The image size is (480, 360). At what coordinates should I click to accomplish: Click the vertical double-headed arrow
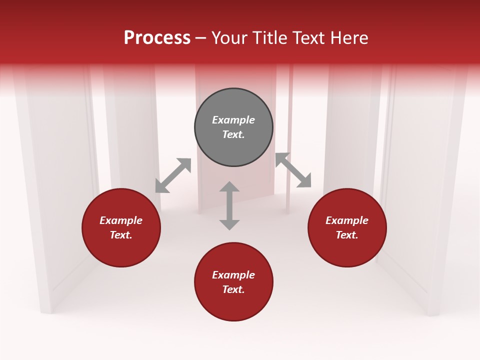tap(229, 205)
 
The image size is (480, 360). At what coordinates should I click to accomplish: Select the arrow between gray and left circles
tap(173, 175)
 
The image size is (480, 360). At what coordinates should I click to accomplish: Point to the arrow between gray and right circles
tap(293, 170)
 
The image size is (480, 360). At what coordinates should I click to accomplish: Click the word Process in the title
tap(157, 38)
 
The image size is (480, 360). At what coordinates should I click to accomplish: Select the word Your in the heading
tap(229, 38)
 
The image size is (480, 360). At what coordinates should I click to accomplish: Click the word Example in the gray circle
tap(233, 120)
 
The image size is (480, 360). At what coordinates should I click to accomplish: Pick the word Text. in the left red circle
tap(121, 235)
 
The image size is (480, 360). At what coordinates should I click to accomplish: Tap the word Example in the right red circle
tap(347, 220)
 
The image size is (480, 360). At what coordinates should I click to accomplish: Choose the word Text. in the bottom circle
tap(233, 289)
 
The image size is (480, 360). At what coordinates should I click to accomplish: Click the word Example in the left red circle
tap(121, 220)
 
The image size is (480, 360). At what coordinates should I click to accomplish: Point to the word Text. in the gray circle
tap(233, 134)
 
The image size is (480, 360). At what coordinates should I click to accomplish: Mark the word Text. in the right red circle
tap(347, 235)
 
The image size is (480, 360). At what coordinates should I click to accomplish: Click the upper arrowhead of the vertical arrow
tap(229, 187)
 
